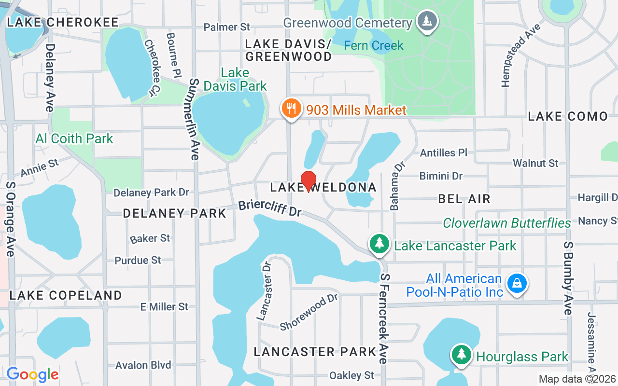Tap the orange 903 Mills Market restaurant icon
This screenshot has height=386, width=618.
point(292,109)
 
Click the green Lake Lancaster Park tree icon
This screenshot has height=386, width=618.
point(380,244)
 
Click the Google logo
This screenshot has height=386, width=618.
point(32,374)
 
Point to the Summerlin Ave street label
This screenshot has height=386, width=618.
point(194,119)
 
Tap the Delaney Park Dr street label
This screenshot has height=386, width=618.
point(151,193)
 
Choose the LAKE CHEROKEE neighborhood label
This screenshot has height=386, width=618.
point(63,22)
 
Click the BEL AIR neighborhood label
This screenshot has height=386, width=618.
point(464,198)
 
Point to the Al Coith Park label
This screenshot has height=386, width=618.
point(74,139)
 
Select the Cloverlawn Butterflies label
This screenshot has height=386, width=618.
point(507,223)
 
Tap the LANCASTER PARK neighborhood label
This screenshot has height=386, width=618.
point(315,352)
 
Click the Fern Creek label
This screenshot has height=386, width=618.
point(373,45)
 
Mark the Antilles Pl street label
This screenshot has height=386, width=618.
point(444,152)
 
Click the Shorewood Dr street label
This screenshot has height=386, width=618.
point(309,312)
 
